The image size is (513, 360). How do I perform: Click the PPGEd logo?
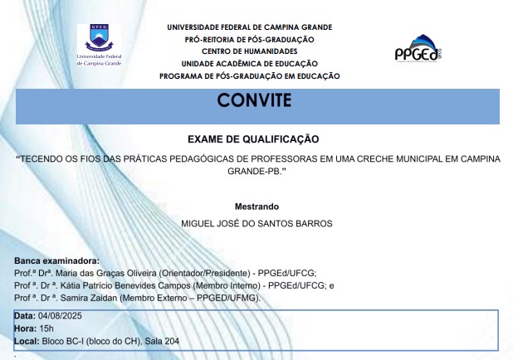418,48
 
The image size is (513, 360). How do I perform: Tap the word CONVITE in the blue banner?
254,100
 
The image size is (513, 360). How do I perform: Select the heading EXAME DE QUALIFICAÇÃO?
253,139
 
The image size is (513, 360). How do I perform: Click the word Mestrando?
256,207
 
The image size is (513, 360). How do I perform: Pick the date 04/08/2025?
60,316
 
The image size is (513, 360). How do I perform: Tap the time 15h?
46,328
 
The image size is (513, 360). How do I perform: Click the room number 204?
172,342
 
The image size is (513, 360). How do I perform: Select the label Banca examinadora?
56,261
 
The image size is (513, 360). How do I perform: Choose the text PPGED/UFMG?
227,298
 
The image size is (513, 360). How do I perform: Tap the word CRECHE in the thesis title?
375,159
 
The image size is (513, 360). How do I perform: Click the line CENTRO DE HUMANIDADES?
250,51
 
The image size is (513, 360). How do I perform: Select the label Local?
27,342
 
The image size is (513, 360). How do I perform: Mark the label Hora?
26,328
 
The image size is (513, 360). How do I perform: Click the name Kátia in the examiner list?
71,286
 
